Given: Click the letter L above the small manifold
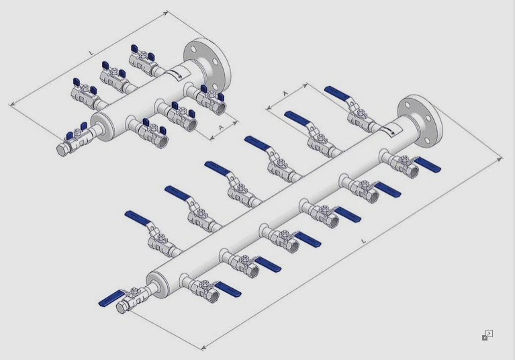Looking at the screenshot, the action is pos(91,52).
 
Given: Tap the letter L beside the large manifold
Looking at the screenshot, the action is pos(363,241).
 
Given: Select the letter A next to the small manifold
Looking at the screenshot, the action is pos(222,127).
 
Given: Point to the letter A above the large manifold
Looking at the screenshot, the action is pos(285,93).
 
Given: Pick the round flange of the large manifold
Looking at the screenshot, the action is pos(420,120).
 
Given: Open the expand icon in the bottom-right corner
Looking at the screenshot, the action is pos(487,335).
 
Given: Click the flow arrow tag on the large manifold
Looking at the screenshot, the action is pos(390,129).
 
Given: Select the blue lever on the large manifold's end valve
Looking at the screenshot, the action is pos(110,298).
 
